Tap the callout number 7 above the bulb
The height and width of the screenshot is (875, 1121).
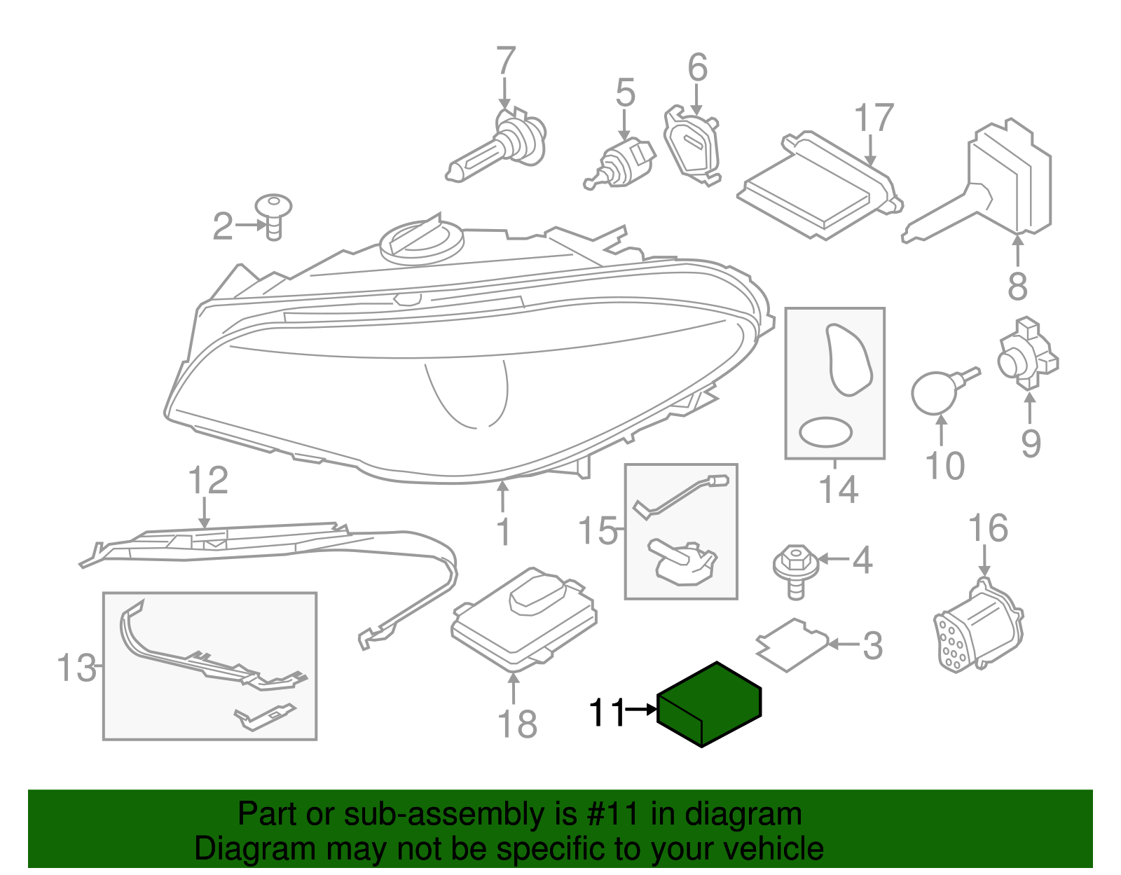505,62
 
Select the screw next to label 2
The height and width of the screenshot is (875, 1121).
273,216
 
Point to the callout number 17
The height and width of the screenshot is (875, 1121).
874,118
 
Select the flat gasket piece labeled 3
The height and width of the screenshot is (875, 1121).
792,645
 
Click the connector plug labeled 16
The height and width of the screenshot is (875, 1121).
978,626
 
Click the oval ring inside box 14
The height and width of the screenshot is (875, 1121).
826,432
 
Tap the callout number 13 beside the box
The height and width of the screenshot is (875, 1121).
76,668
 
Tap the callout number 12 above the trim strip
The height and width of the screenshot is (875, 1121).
208,481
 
